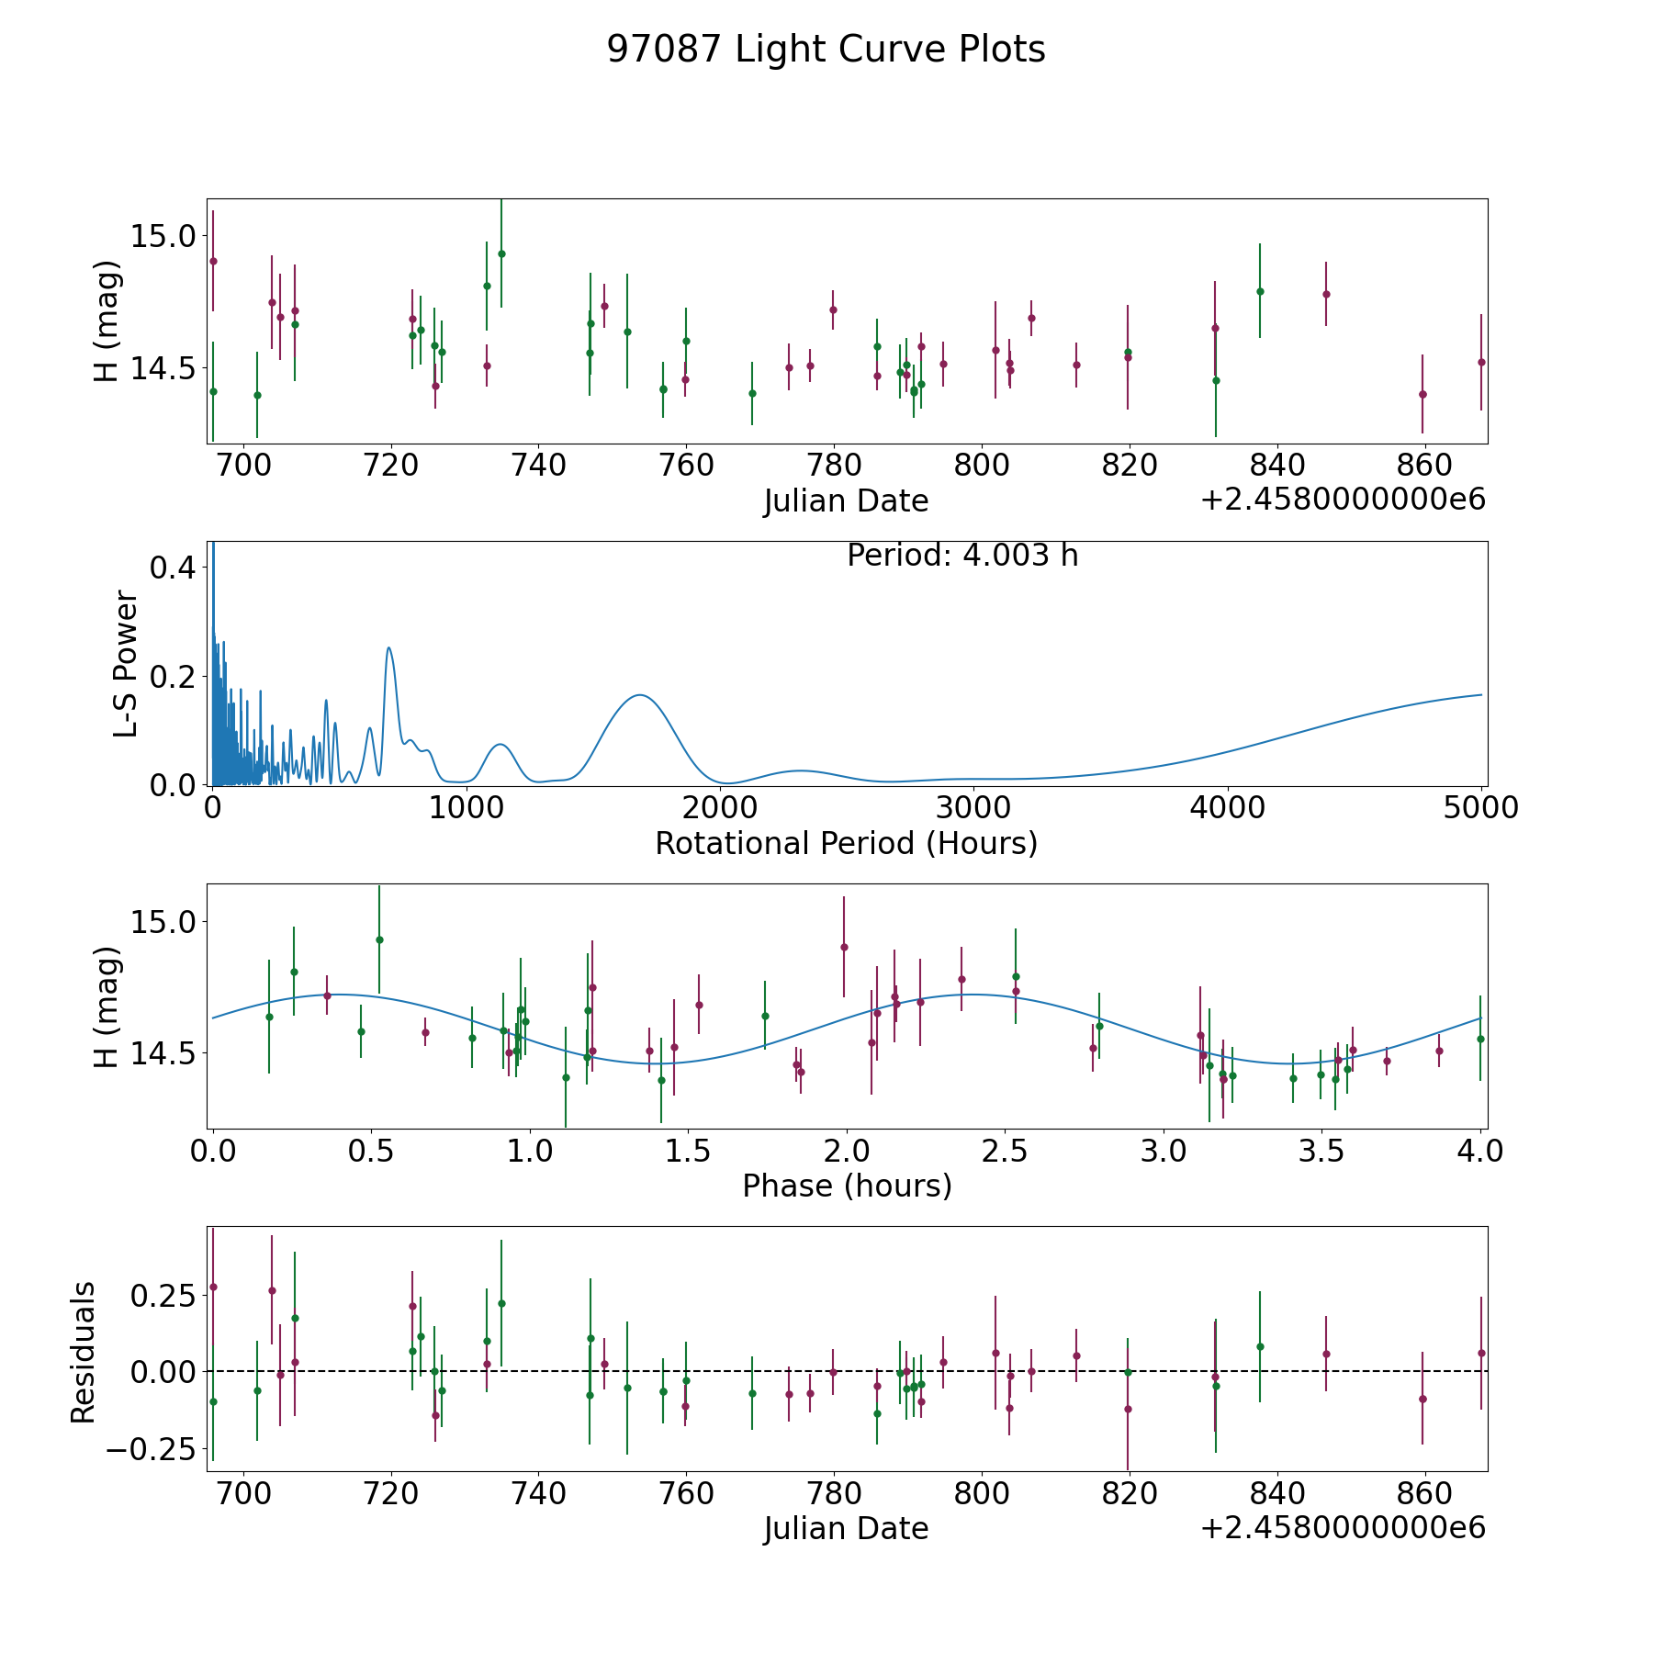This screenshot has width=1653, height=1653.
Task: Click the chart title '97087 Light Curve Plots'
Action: click(x=826, y=50)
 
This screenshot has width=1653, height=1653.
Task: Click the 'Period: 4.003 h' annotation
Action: click(x=961, y=556)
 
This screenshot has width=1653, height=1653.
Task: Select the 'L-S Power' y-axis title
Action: click(x=127, y=663)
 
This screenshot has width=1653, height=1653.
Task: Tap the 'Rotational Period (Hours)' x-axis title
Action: click(x=846, y=843)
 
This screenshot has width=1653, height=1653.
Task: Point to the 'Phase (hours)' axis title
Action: click(x=847, y=1186)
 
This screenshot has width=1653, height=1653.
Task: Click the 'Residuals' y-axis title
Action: click(x=84, y=1352)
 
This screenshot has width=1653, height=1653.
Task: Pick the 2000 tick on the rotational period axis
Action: click(x=720, y=808)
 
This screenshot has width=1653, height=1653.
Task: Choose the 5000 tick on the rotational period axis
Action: click(x=1481, y=808)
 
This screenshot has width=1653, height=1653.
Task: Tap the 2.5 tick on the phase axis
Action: click(x=1006, y=1151)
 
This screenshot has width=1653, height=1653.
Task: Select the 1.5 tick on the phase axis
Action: click(x=688, y=1151)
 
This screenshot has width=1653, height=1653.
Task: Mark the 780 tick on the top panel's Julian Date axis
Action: click(x=834, y=466)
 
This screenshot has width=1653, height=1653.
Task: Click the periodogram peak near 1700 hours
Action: click(x=639, y=695)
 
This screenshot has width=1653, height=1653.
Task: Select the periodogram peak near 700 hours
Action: click(x=389, y=648)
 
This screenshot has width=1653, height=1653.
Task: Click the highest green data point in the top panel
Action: click(x=501, y=253)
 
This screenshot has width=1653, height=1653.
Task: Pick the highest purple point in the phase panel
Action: click(x=844, y=947)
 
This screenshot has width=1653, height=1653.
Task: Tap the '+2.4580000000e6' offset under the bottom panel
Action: click(x=1343, y=1528)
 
